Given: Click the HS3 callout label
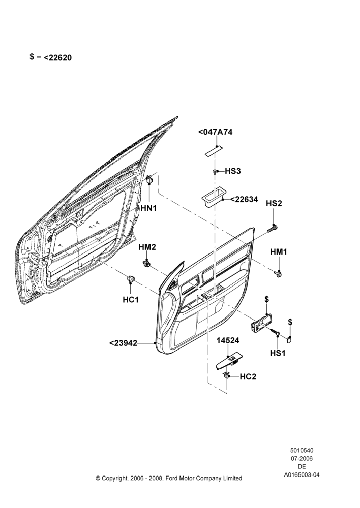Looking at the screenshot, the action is click(233, 171).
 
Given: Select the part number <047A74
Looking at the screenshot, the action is click(216, 132).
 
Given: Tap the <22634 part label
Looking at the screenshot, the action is click(244, 199).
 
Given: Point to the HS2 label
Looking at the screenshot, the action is click(274, 203).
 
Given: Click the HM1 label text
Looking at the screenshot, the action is click(279, 252).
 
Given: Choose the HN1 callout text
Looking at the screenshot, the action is click(149, 208).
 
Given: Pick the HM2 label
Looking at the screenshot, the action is click(147, 247).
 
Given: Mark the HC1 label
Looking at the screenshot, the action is click(131, 300).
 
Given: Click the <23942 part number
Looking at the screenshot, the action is click(123, 343).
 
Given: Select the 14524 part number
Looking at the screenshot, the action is click(228, 340).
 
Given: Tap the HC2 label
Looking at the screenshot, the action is click(248, 377).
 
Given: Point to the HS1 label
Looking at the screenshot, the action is click(278, 353).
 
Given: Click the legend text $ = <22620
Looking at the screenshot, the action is click(51, 57).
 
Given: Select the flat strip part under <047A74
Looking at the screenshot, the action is click(214, 151).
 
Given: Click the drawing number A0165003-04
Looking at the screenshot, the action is click(302, 475).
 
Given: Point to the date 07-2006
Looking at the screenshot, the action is click(302, 458).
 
